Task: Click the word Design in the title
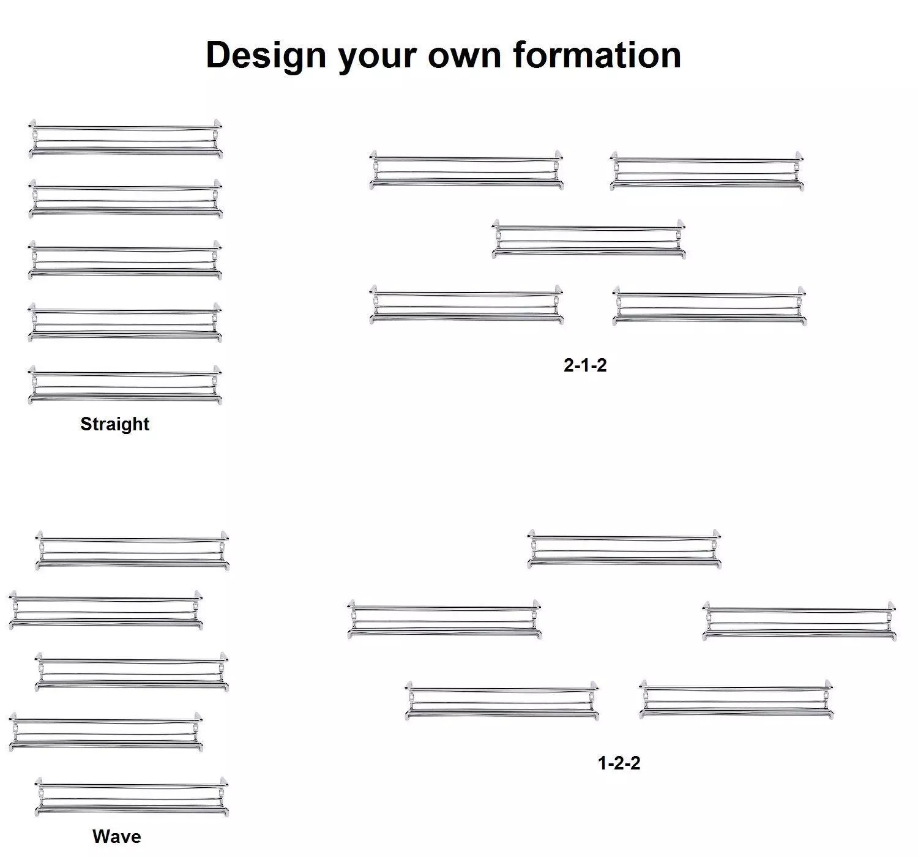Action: pyautogui.click(x=266, y=56)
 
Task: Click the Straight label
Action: pyautogui.click(x=114, y=424)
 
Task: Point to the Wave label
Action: pyautogui.click(x=116, y=836)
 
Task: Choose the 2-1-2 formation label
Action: pyautogui.click(x=584, y=365)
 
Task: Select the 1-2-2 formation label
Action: pyautogui.click(x=619, y=763)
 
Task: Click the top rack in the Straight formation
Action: pyautogui.click(x=125, y=139)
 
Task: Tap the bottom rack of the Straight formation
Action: pyautogui.click(x=125, y=385)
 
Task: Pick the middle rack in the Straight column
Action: pyautogui.click(x=125, y=260)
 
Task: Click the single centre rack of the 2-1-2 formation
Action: pyautogui.click(x=588, y=239)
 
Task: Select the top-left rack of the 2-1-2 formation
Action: pyautogui.click(x=466, y=170)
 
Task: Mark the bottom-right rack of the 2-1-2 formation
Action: pyautogui.click(x=709, y=306)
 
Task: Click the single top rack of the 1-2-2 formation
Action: pyautogui.click(x=624, y=548)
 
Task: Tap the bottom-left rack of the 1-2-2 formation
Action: pyautogui.click(x=502, y=700)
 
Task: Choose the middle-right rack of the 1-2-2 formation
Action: pyautogui.click(x=799, y=621)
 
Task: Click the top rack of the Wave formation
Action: pyautogui.click(x=132, y=551)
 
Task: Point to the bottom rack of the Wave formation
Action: pyautogui.click(x=132, y=797)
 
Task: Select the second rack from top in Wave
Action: pyautogui.click(x=106, y=610)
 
